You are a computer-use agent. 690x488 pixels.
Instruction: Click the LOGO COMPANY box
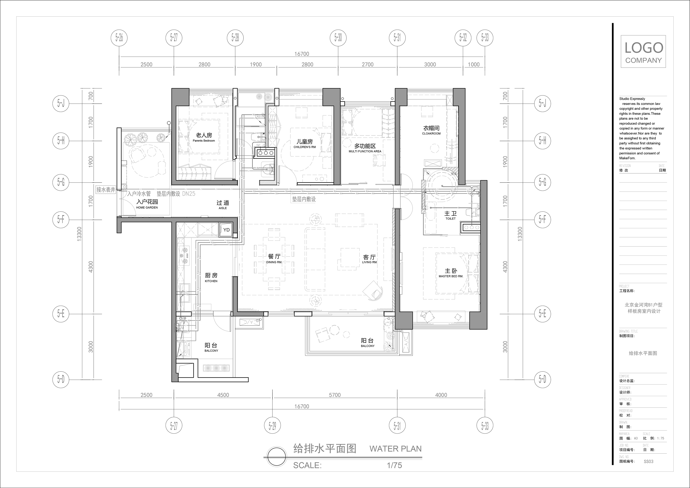click(643, 51)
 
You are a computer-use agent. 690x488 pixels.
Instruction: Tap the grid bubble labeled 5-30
click(338, 38)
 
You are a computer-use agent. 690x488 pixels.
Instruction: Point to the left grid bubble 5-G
click(61, 182)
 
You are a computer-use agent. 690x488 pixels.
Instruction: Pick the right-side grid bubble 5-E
click(543, 314)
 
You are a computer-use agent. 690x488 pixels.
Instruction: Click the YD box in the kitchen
click(226, 230)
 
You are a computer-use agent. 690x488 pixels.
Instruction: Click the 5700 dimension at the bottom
click(335, 395)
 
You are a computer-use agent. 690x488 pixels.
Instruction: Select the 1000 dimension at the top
click(474, 64)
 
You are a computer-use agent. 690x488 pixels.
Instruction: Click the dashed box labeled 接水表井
click(106, 190)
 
